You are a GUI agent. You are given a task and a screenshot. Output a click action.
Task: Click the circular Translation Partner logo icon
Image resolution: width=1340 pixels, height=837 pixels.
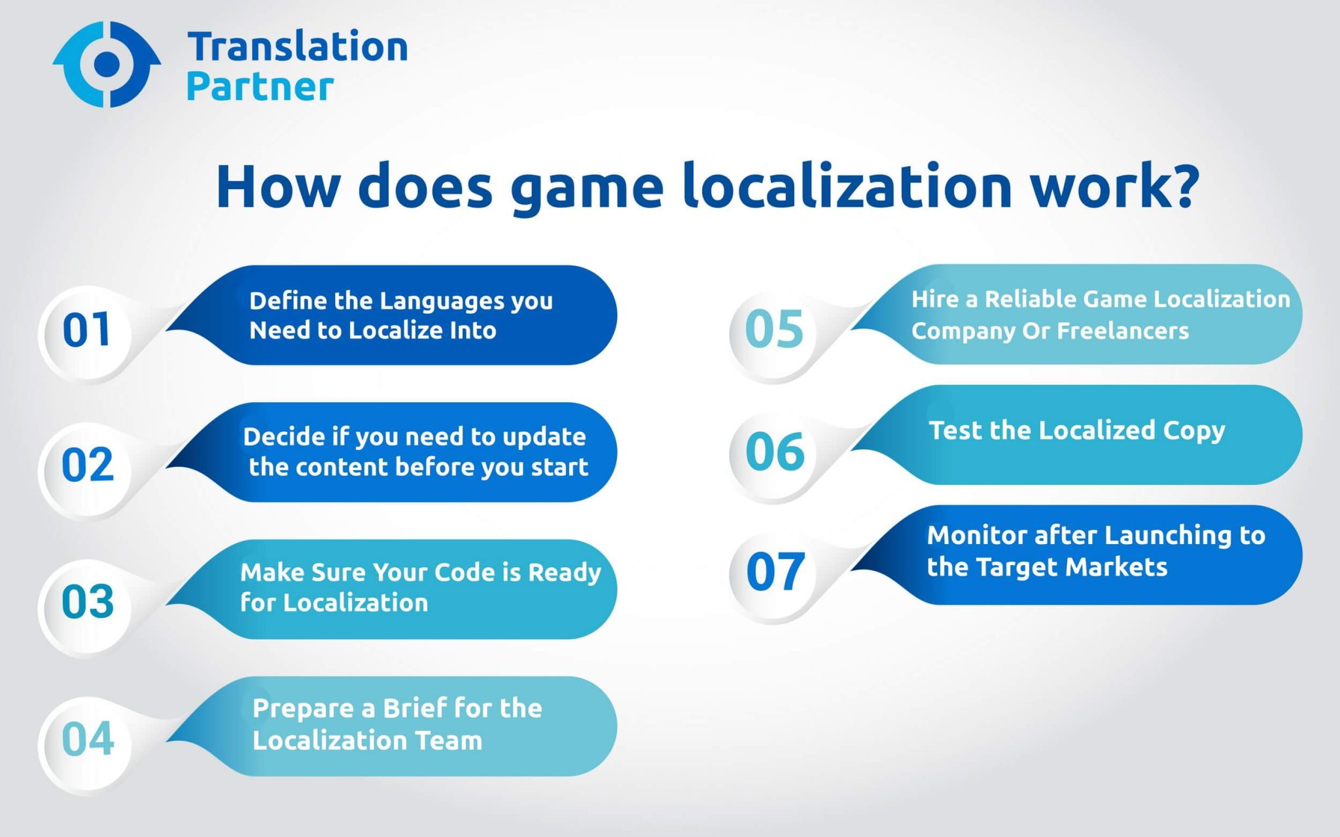107,64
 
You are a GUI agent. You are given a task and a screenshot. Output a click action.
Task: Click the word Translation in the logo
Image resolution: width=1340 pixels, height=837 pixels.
298,48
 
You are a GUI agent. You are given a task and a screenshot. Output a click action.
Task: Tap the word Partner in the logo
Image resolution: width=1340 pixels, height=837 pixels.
260,87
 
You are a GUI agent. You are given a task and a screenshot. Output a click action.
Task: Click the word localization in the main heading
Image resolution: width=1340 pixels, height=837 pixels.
847,187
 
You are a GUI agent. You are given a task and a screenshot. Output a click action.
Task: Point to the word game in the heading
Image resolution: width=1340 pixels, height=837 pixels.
587,190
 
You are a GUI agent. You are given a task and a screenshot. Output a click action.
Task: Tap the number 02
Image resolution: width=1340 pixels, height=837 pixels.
88,466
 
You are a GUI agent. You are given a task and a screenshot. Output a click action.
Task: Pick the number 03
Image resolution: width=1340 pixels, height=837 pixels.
88,602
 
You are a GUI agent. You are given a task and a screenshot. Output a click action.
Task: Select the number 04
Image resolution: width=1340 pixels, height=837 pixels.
88,740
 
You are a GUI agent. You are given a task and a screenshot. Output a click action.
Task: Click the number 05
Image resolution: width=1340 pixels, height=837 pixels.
774,329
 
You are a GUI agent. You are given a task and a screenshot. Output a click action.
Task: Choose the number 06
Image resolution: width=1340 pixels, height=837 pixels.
775,451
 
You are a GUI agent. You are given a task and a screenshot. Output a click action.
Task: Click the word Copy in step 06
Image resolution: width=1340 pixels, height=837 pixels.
1193,431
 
